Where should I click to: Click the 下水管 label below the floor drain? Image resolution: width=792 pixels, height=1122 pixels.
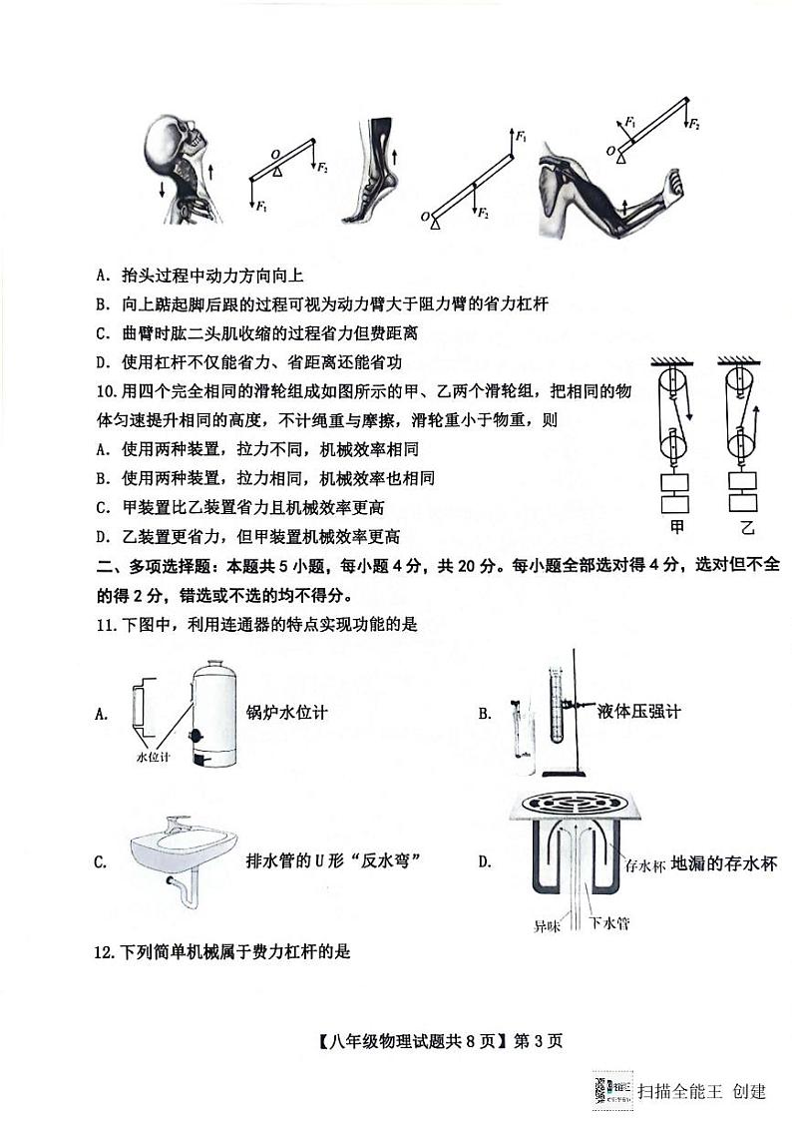click(608, 922)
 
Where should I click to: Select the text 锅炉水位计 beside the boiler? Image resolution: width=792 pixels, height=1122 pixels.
click(286, 712)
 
